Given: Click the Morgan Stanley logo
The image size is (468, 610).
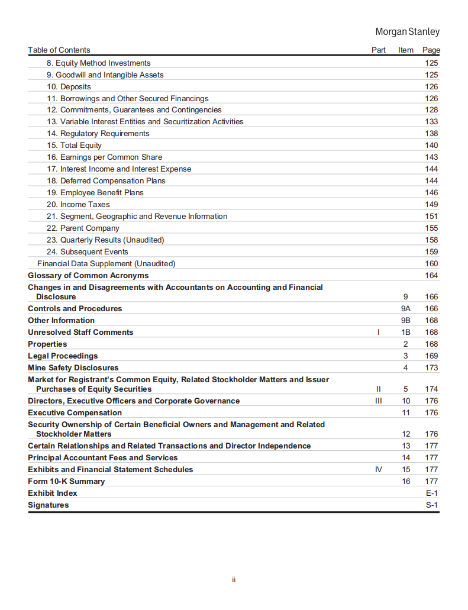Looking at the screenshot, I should (408, 32).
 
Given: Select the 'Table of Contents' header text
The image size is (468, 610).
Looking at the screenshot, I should (59, 50).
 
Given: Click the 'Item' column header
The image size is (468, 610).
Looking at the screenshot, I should (406, 50).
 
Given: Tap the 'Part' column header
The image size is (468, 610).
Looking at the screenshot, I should (379, 50).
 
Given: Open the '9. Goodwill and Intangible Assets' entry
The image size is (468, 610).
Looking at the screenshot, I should (105, 75).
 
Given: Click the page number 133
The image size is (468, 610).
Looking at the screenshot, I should (431, 122).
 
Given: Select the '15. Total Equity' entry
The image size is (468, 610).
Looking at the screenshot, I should (74, 146).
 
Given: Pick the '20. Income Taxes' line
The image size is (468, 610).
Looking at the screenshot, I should (78, 205).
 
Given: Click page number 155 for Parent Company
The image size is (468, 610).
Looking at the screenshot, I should (431, 228).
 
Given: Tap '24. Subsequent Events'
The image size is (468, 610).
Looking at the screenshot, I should (87, 252).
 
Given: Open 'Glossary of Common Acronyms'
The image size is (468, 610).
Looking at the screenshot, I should (88, 276).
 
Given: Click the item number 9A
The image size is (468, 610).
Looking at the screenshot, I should (406, 309).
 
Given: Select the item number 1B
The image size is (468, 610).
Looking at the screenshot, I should (406, 333).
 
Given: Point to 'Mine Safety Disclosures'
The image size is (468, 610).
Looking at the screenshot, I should (73, 368).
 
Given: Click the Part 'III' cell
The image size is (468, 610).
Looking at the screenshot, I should (379, 401).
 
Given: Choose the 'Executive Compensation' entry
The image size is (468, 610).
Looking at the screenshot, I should (75, 413).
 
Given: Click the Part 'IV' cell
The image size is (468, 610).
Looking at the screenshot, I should (379, 470).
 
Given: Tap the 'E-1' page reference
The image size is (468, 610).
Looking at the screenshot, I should (431, 493).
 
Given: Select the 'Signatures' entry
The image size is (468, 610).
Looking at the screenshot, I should (48, 505).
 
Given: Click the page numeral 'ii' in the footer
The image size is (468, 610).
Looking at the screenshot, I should (234, 580).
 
